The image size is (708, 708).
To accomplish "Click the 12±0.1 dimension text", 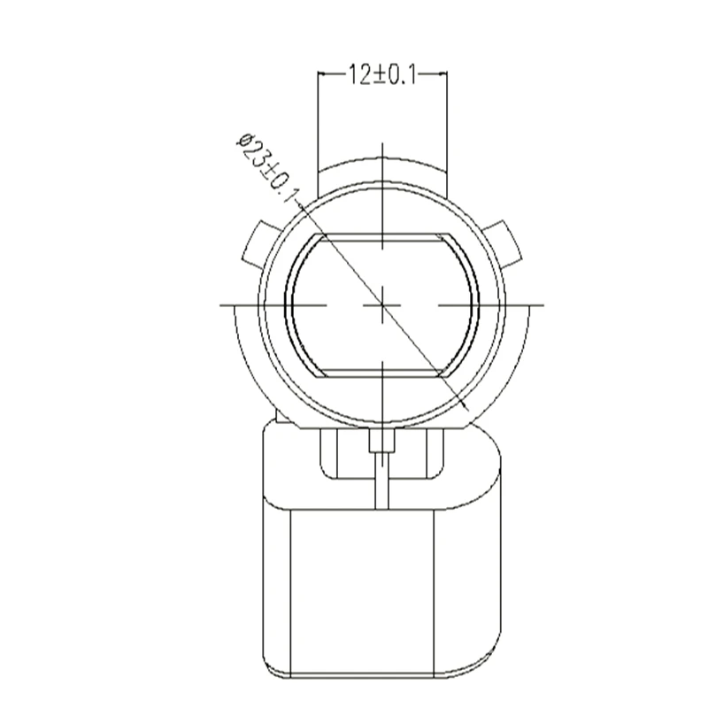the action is [x=382, y=74].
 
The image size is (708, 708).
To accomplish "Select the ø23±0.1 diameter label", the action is [x=268, y=168].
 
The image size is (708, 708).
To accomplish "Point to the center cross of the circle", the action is [x=382, y=305].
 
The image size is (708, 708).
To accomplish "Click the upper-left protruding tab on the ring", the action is [x=256, y=242].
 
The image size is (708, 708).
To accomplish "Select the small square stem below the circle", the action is [x=382, y=441].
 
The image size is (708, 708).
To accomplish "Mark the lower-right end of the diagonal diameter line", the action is [x=469, y=412].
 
